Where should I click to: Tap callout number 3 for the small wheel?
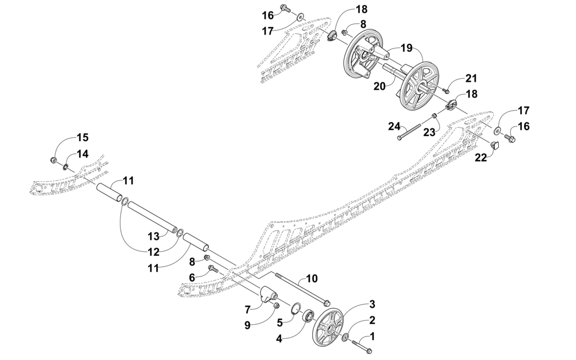coord(372,304)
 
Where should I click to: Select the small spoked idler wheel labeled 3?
coord(330,327)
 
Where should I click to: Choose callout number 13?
coord(153,236)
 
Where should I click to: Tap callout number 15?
coord(82,137)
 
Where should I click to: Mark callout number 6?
coord(192,277)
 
